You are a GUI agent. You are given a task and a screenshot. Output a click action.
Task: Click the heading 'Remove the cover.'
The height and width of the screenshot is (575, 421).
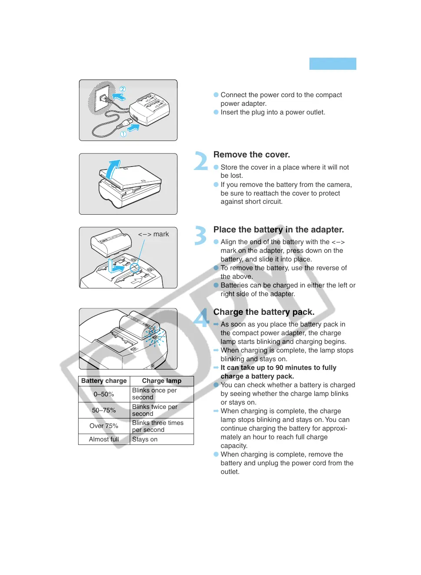tap(251, 155)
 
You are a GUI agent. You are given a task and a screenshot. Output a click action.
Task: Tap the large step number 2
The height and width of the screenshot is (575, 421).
tap(201, 161)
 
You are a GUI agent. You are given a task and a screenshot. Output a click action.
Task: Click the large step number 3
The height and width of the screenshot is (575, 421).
tap(201, 236)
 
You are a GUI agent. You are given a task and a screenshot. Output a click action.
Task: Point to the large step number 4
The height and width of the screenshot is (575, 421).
tap(201, 318)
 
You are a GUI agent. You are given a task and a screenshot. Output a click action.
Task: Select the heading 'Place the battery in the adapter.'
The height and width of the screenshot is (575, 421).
tap(278, 230)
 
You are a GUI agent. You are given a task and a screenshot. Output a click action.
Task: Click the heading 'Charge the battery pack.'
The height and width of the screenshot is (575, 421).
tap(263, 312)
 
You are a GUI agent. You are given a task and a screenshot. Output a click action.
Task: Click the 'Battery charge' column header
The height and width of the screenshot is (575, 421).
tap(104, 381)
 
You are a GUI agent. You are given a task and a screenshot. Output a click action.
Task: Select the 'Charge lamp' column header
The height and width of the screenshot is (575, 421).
tap(161, 381)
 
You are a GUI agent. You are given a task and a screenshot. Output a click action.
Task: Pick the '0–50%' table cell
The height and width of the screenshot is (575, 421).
tap(104, 394)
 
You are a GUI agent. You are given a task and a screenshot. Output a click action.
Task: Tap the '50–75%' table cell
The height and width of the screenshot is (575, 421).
tap(104, 410)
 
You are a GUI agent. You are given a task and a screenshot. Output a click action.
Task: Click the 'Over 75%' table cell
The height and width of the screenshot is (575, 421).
tap(104, 426)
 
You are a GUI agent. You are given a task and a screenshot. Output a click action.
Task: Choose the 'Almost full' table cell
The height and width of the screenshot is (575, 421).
tap(104, 439)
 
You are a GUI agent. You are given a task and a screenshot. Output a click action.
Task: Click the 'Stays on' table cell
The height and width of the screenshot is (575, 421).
tap(145, 439)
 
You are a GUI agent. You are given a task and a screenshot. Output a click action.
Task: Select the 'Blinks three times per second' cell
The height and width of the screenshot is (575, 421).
tap(158, 426)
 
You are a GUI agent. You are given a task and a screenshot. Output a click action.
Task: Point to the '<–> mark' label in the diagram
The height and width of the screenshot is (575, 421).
tap(154, 234)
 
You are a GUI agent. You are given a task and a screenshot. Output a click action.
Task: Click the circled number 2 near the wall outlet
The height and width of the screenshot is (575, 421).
tap(123, 89)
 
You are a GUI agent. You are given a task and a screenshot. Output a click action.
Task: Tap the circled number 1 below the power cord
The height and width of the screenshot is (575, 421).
tap(123, 134)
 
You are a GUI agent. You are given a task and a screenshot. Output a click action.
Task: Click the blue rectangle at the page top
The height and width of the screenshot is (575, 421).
tap(332, 64)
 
